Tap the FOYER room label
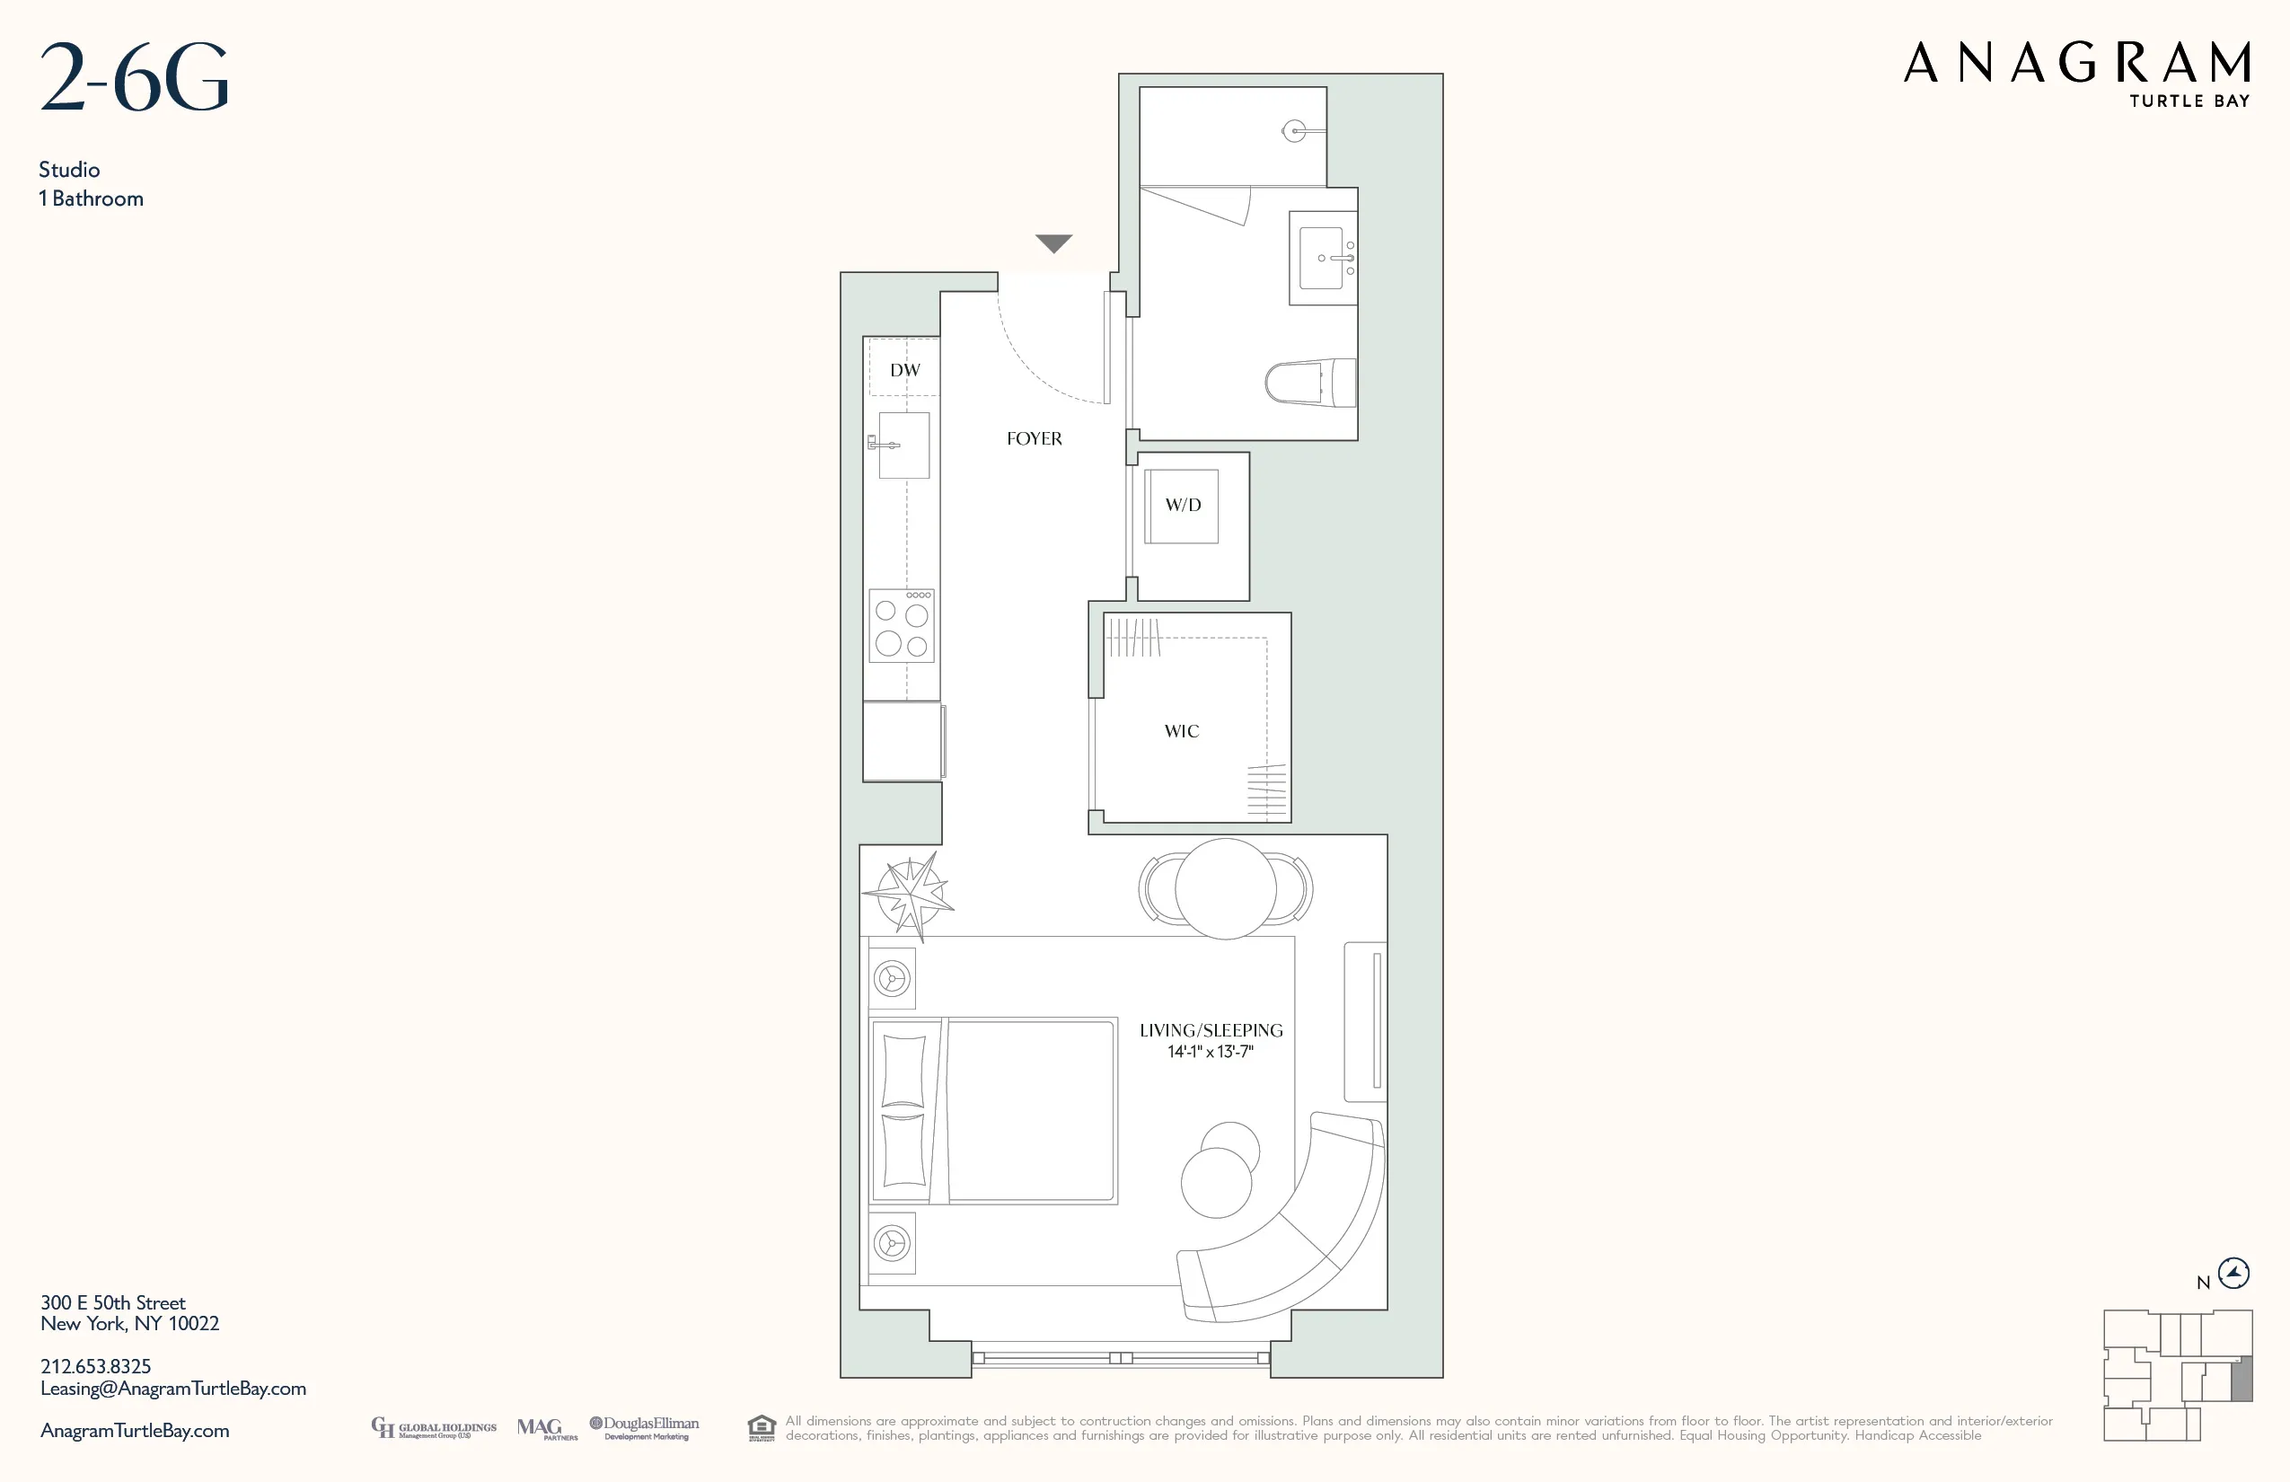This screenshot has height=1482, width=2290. pos(1035,439)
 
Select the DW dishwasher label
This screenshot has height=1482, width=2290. pos(904,370)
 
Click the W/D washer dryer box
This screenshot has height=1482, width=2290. pos(1183,505)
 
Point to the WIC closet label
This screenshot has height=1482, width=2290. pos(1182,731)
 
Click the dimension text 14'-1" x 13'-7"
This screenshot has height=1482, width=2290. pos(1211,1052)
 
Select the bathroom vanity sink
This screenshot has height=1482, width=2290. pos(1322,258)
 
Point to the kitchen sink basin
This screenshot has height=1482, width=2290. pos(904,445)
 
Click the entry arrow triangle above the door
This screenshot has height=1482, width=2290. pos(1053,243)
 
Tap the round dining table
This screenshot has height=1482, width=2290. pos(1225,888)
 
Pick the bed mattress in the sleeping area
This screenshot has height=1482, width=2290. pos(1029,1110)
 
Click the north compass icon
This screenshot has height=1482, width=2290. pos(2233,1274)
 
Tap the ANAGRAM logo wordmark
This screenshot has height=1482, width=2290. pos(2076,64)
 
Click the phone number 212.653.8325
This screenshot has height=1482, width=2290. pos(95,1366)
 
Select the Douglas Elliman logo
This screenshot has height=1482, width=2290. pos(645,1427)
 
